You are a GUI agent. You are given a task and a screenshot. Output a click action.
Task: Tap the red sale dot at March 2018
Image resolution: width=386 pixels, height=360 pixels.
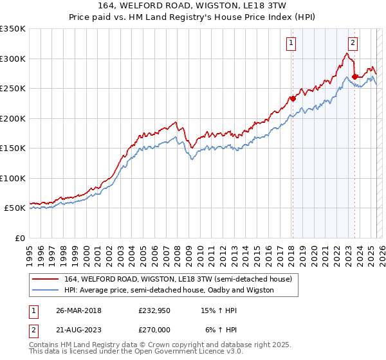click(292, 98)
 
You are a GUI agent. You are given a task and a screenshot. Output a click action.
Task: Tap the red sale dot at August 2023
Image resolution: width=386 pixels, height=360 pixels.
click(354, 76)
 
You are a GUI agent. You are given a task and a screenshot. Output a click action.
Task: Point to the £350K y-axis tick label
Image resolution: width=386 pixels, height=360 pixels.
click(13, 29)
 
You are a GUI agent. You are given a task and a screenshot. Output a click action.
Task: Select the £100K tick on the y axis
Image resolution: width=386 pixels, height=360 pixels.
click(13, 178)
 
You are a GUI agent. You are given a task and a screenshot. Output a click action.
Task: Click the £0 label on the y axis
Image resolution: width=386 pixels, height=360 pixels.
click(19, 238)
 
